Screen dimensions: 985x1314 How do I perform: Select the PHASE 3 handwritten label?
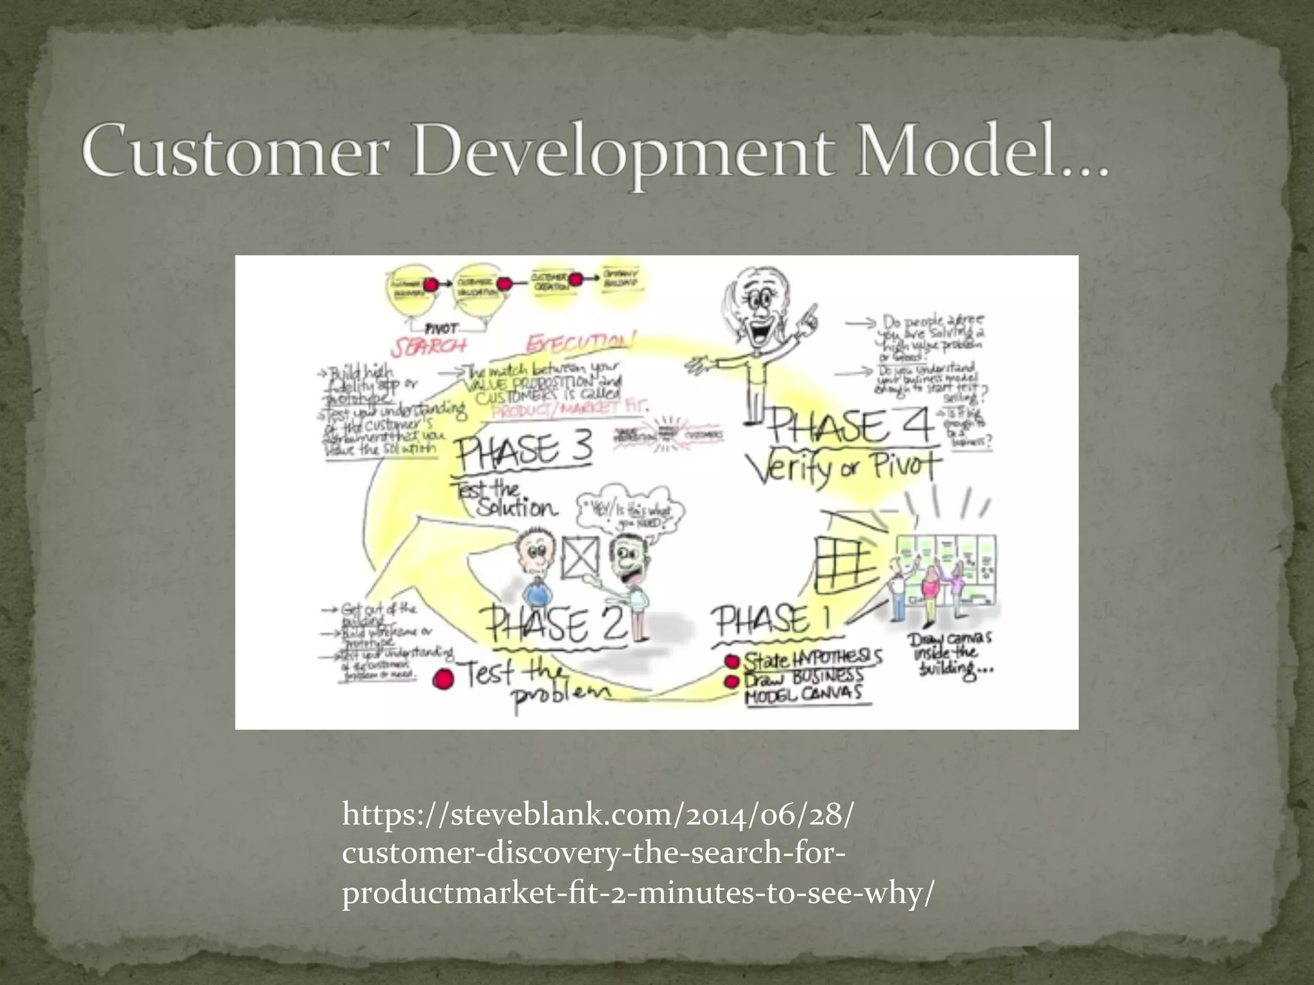pos(524,450)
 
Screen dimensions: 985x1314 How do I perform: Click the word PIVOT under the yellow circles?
pos(442,328)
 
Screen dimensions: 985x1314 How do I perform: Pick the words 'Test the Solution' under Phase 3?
pos(507,499)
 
